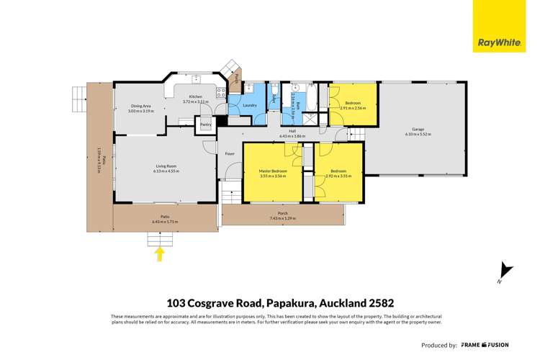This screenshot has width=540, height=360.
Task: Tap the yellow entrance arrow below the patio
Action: (x=160, y=253)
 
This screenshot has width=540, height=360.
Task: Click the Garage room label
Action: (x=418, y=130)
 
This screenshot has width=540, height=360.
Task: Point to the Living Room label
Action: (x=166, y=166)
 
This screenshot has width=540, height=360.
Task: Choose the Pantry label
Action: (x=206, y=125)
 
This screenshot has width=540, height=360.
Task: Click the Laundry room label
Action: (x=250, y=106)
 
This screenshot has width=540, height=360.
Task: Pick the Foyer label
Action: (x=230, y=153)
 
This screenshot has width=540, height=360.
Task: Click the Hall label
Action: (x=293, y=131)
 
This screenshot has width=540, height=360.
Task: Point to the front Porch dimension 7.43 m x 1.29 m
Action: (x=282, y=218)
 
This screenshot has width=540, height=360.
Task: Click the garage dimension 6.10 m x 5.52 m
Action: (x=418, y=135)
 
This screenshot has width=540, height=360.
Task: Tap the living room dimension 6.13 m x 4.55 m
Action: (x=166, y=171)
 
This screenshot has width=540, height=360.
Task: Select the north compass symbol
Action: (x=506, y=271)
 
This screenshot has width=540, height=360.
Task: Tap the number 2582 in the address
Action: (x=377, y=303)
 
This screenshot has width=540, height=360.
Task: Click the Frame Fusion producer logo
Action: (x=490, y=345)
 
